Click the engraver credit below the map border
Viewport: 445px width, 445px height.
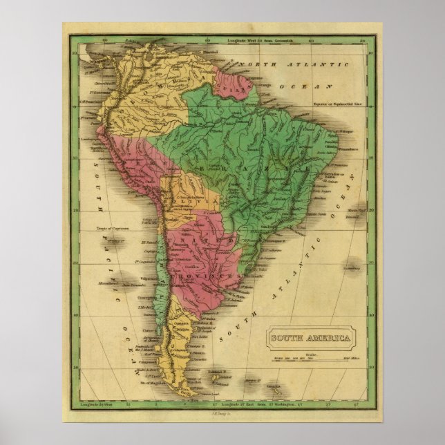point(223,413)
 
